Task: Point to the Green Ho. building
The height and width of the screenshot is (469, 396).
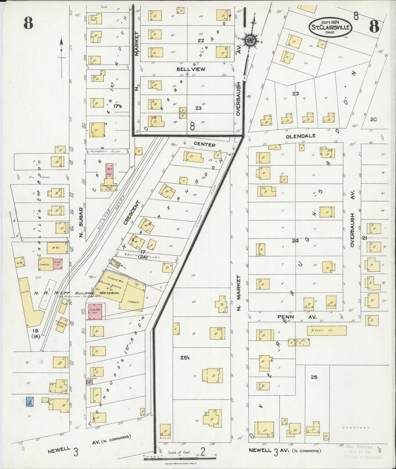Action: (x=326, y=330)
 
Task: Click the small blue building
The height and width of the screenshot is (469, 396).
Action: (x=30, y=402)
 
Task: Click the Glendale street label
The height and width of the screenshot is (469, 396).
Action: (x=301, y=136)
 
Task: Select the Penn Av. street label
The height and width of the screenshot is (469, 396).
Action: (x=297, y=317)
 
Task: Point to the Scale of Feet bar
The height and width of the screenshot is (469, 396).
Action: (x=179, y=458)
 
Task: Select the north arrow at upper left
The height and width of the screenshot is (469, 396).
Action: (x=61, y=49)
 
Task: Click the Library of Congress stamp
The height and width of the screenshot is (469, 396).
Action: (x=363, y=451)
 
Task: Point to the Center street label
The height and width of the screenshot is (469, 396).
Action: (x=204, y=145)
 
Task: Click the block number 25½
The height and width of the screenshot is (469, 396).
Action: (x=186, y=358)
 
